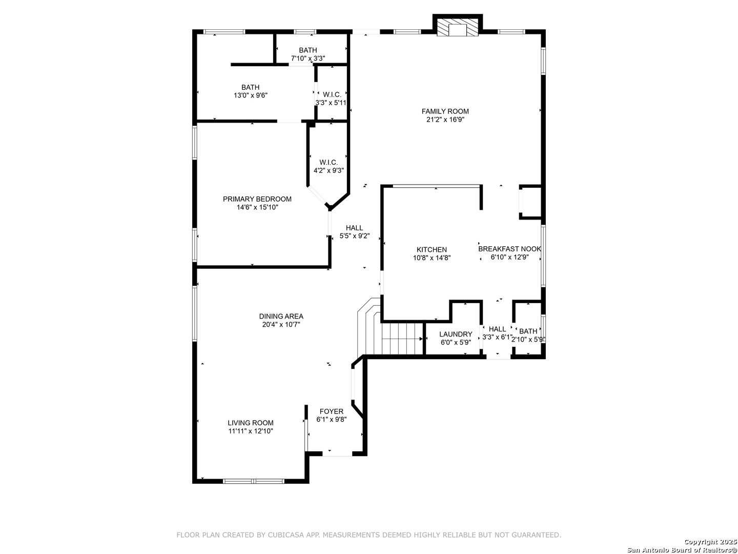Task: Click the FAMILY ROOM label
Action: click(445, 111)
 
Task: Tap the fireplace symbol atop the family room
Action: click(457, 27)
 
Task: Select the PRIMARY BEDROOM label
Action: click(257, 199)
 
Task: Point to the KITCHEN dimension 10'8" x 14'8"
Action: click(432, 258)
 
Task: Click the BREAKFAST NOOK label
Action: click(509, 249)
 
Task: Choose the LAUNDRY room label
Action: click(456, 334)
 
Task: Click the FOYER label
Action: click(331, 411)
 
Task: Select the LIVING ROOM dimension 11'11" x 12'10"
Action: click(251, 431)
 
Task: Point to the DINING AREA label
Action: click(281, 316)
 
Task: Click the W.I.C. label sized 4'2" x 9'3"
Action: click(329, 163)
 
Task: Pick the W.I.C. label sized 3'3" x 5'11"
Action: click(332, 94)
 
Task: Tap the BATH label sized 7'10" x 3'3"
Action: click(307, 50)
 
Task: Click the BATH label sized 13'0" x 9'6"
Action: click(250, 87)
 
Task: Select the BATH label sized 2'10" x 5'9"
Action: click(528, 331)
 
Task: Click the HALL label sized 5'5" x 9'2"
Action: click(354, 228)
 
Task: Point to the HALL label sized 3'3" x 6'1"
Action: click(497, 329)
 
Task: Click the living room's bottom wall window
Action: click(253, 481)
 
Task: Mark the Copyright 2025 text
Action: click(710, 542)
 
